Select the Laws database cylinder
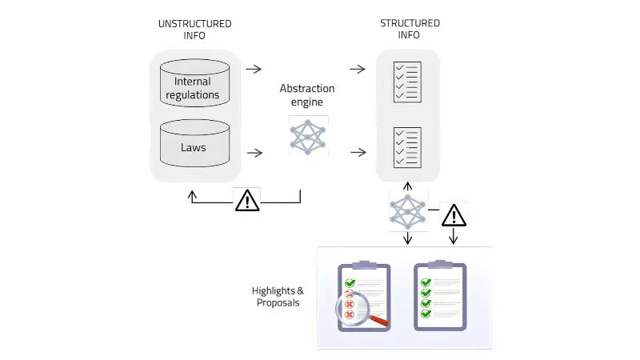194,143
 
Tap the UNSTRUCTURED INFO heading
195,30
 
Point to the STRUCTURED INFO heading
410,30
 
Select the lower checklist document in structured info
407,147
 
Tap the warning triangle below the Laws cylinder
248,200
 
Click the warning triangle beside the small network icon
454,214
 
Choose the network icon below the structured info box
407,211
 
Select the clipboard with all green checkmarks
438,296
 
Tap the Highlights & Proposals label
278,296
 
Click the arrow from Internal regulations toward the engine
254,69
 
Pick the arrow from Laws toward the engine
254,152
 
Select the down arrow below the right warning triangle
454,238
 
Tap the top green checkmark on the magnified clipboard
350,283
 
